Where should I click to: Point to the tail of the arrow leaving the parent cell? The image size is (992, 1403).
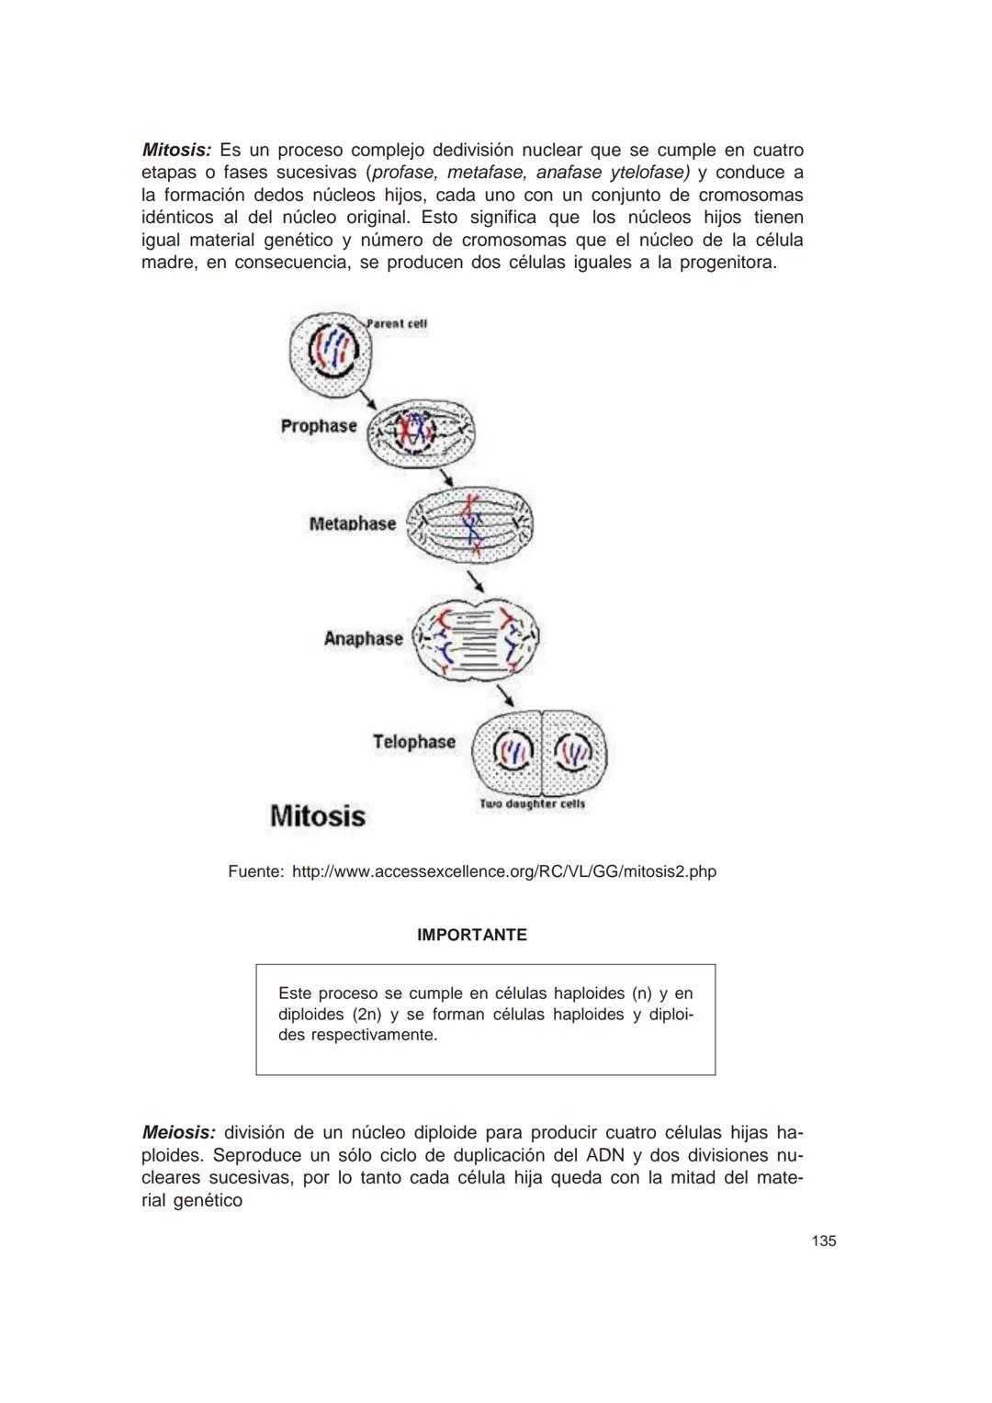(358, 389)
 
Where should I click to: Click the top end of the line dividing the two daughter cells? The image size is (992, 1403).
(541, 710)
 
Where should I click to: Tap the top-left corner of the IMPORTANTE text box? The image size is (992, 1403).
(256, 964)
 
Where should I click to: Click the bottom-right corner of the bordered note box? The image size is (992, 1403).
(716, 1075)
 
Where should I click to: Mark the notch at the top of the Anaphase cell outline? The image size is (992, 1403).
(478, 605)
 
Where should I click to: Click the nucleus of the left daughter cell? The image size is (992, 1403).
(513, 751)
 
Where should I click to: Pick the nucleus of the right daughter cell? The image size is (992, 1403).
(573, 752)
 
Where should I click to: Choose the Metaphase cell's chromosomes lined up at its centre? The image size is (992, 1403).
(471, 525)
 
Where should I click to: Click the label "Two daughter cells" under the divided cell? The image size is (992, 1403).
(533, 804)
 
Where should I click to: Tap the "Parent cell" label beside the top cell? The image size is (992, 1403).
(396, 324)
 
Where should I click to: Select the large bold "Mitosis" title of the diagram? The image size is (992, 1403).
(318, 816)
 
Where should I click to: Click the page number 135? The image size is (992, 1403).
(823, 1240)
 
